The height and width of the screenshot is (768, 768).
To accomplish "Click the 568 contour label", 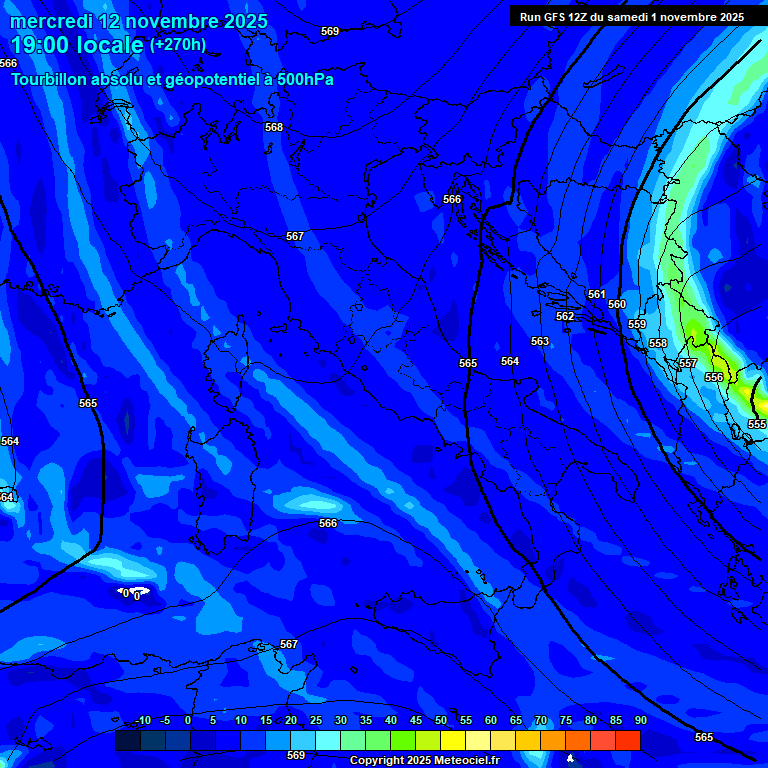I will coord(274,127).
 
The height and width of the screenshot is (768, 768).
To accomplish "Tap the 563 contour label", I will coord(540,341).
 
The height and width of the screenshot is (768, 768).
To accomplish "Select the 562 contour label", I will coord(565,316).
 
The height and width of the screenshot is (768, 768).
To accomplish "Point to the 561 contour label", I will coord(597,294).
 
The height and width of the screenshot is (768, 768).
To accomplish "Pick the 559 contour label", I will coord(637,324).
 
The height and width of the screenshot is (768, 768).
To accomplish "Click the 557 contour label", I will coord(688,363).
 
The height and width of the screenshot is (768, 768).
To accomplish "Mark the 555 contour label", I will coord(757,424).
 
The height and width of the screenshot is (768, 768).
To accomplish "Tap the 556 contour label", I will coord(714,377).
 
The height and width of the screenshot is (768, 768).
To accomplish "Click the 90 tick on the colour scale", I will coord(640,720).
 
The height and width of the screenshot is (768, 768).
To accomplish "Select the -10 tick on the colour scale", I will coord(143,720).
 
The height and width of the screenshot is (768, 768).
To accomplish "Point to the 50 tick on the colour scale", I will coord(441,720).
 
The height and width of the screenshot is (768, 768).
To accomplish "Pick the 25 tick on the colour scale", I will coord(316,720).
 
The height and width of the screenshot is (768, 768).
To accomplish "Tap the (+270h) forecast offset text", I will coord(178,44).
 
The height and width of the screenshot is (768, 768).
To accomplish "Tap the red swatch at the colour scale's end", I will coord(628,740).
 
